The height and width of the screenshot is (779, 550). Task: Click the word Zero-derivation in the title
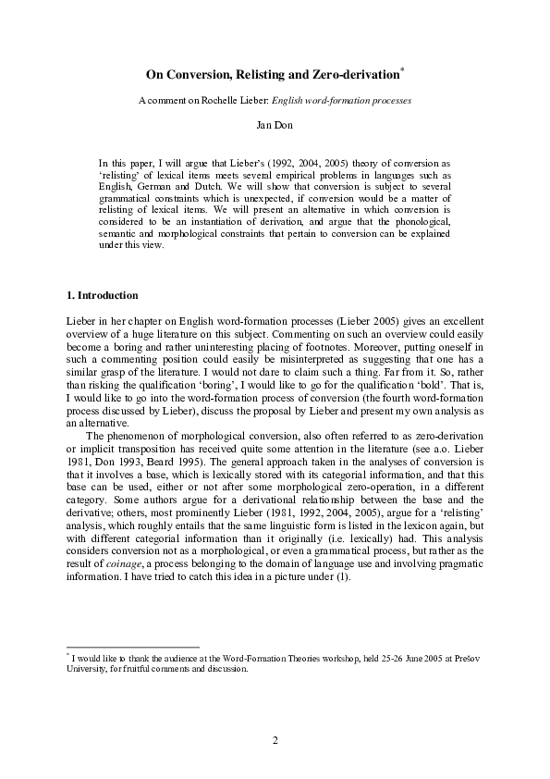(352, 72)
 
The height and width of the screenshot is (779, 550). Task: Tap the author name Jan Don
(275, 122)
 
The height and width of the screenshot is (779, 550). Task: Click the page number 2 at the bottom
(275, 739)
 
